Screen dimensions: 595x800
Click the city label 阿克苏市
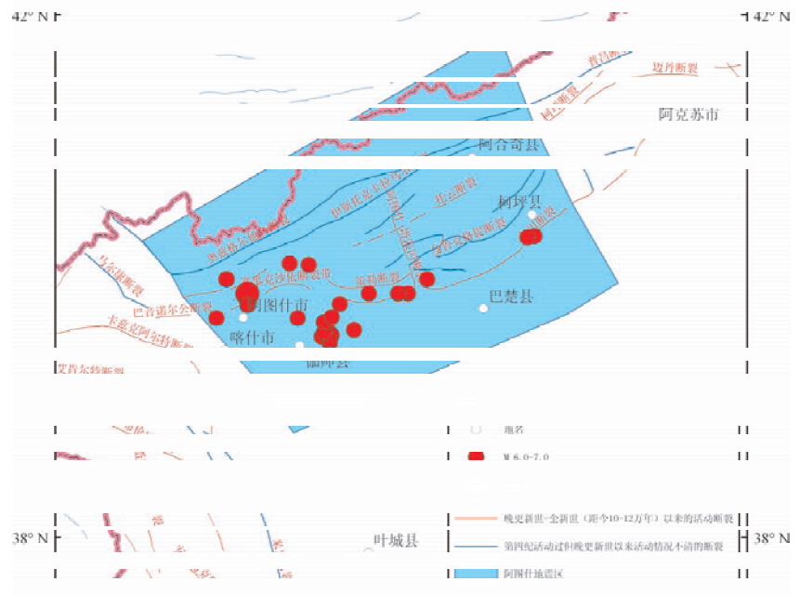[689, 115]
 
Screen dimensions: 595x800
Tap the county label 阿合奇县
[508, 145]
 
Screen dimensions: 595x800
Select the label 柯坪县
[518, 201]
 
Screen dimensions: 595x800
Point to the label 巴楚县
[511, 297]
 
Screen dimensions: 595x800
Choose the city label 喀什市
[252, 338]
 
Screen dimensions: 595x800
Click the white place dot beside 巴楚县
[483, 308]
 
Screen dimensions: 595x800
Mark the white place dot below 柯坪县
[532, 215]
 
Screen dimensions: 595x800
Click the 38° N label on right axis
[773, 538]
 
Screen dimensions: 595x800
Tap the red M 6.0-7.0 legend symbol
[477, 456]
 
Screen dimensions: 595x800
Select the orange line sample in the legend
[475, 519]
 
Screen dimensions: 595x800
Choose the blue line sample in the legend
[475, 546]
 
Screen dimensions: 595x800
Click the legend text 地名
[514, 430]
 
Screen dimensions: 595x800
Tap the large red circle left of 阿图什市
[247, 296]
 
